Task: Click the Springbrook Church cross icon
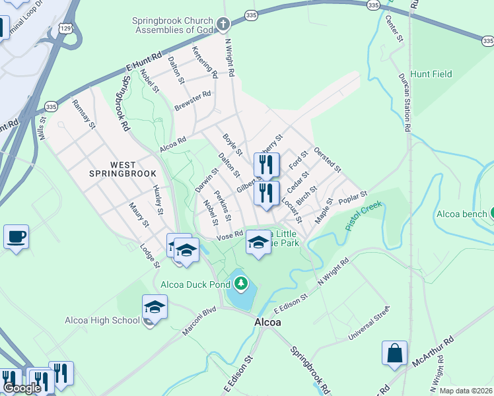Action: click(x=223, y=25)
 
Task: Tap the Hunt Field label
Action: click(x=431, y=74)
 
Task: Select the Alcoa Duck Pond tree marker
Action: click(x=242, y=284)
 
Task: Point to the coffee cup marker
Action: click(x=16, y=236)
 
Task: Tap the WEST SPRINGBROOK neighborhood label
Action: click(x=123, y=169)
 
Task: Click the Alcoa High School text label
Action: click(x=102, y=321)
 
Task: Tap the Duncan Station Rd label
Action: click(x=405, y=103)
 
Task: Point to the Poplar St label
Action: click(x=352, y=197)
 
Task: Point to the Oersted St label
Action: click(x=328, y=160)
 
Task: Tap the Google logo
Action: click(x=21, y=388)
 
